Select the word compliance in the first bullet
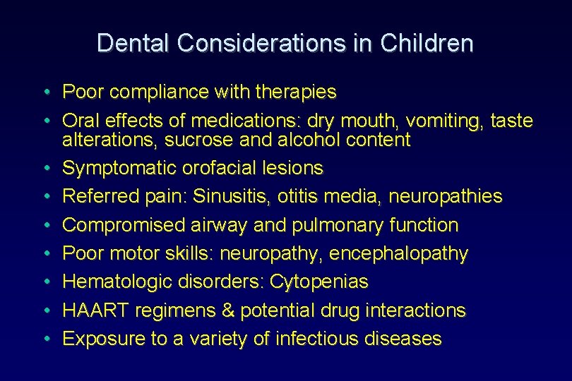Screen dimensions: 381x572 (x=154, y=92)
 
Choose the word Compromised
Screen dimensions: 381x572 (x=124, y=226)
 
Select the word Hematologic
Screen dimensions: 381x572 (x=115, y=282)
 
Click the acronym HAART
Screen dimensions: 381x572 (x=90, y=310)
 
